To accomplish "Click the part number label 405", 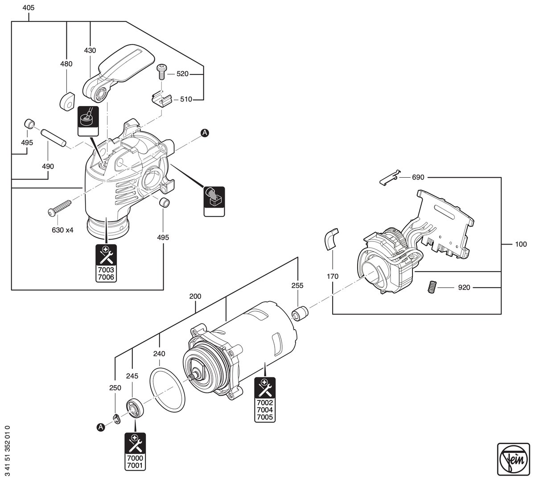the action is [28, 8].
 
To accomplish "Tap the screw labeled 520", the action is [162, 71].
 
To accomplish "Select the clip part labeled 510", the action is [161, 99].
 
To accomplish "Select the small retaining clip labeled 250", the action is [116, 419].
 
